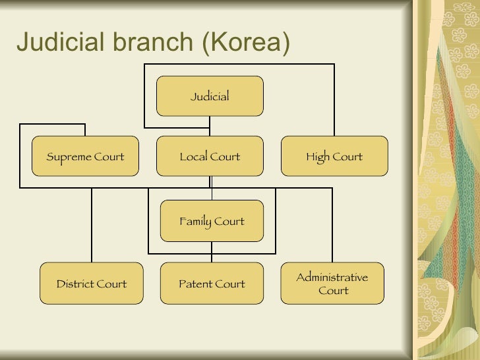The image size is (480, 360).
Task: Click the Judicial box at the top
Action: (x=210, y=96)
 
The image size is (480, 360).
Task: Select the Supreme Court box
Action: (x=86, y=156)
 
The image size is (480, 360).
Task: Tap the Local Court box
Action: (x=210, y=156)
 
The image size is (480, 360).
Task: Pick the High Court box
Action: (x=334, y=156)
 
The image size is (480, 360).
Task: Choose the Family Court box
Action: (x=212, y=221)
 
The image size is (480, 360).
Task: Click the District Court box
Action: (x=92, y=284)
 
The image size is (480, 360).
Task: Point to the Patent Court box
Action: (x=212, y=284)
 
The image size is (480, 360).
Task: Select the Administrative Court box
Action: (x=332, y=284)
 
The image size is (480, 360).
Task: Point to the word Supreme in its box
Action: (x=68, y=157)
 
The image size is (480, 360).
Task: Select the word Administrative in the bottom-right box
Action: (x=332, y=277)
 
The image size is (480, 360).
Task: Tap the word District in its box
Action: (x=75, y=284)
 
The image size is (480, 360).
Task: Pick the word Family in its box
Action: (x=195, y=222)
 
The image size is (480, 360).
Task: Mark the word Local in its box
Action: (x=193, y=157)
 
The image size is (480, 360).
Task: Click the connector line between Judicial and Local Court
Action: (x=210, y=126)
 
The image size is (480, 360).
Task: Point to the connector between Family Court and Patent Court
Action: (x=212, y=253)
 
